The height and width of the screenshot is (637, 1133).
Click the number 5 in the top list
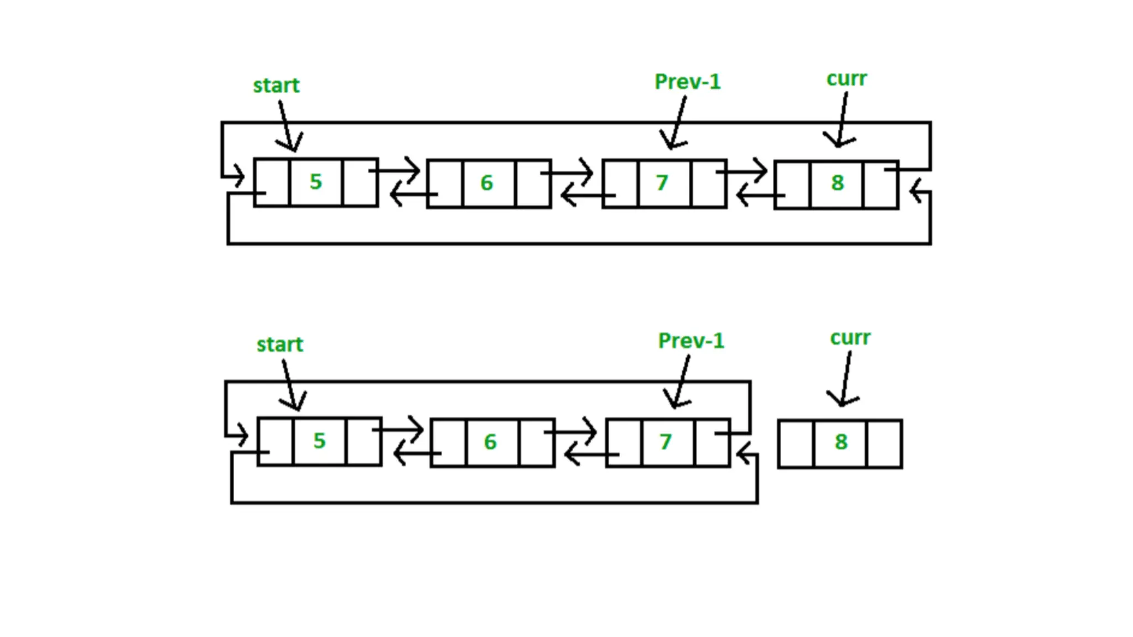point(315,182)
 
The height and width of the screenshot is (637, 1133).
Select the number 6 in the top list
point(486,183)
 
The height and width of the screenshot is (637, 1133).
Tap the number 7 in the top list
point(662,183)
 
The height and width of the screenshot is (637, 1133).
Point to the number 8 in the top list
point(837,183)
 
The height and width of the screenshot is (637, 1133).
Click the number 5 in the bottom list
point(319,441)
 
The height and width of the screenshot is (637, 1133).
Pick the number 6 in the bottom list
point(490,442)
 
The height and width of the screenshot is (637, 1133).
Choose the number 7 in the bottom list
point(666,442)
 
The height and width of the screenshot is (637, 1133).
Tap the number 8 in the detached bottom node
point(841,442)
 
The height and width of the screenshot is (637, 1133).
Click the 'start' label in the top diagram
point(276,86)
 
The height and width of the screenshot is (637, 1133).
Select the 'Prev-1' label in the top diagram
point(687,82)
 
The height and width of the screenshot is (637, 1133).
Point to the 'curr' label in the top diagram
point(846,79)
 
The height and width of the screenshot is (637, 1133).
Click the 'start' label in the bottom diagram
point(280,345)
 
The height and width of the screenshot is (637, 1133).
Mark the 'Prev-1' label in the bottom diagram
point(691,341)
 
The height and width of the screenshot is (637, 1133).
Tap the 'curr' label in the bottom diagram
point(850,338)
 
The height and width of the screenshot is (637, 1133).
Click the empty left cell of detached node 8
point(796,444)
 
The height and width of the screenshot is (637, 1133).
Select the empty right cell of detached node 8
point(884,444)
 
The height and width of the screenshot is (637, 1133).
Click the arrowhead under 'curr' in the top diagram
point(839,143)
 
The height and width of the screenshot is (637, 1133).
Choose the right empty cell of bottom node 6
point(537,442)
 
